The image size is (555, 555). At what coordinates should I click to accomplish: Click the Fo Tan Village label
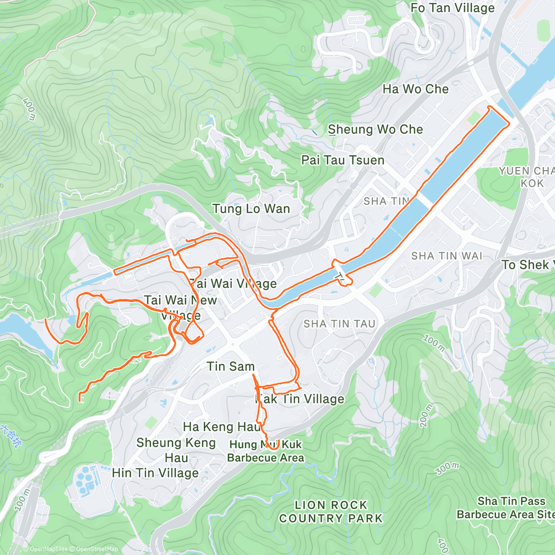tap(452, 8)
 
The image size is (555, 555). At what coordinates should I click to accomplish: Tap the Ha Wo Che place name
tap(415, 89)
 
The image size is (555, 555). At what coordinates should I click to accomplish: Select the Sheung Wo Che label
tap(375, 129)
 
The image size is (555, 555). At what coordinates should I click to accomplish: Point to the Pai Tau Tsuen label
tap(343, 160)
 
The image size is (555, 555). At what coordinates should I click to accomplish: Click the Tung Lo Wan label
tap(251, 209)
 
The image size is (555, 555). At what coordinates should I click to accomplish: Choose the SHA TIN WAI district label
tap(446, 256)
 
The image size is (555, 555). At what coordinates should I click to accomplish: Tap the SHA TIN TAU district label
tap(339, 324)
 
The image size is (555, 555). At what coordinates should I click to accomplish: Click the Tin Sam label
tap(230, 366)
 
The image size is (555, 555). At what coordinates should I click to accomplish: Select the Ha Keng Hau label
tap(222, 426)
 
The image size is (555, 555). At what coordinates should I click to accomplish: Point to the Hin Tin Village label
tap(155, 473)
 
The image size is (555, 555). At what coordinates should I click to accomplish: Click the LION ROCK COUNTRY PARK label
tap(331, 512)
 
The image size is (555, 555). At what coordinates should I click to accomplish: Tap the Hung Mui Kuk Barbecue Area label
tap(265, 451)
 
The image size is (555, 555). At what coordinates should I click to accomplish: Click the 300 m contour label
tap(447, 469)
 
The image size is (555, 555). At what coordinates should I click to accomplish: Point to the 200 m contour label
tap(426, 415)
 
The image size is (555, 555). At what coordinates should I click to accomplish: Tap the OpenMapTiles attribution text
tap(45, 549)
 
